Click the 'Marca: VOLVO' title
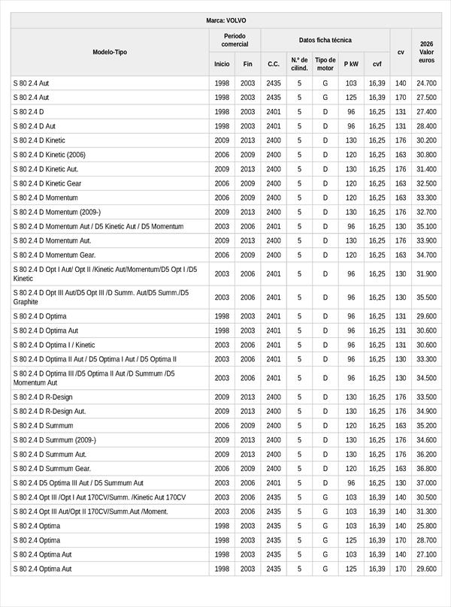coord(225,20)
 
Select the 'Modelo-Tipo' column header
coord(110,53)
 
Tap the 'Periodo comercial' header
coord(235,40)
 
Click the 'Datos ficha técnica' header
coord(325,40)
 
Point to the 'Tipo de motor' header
coord(325,64)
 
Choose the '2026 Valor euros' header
coord(426,53)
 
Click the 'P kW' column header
coord(351,65)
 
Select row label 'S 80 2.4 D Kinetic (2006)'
coord(50,155)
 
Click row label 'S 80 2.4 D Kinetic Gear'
coord(47,183)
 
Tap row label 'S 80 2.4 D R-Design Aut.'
coord(50,411)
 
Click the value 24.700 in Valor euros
coord(426,83)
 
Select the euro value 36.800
coord(426,469)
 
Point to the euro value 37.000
coord(426,483)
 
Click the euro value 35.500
coord(426,297)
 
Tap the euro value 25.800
coord(426,526)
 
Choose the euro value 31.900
coord(426,274)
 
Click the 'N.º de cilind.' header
coord(299,64)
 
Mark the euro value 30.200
coord(426,140)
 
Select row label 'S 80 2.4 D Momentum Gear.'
coord(54,255)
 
